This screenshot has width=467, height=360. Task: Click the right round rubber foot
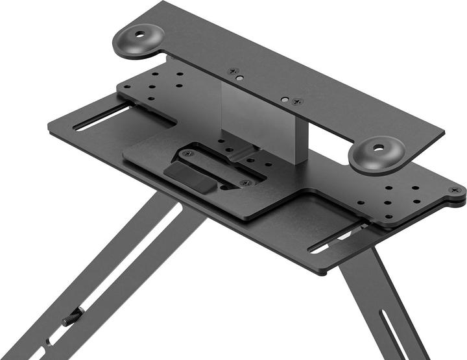point(377,154)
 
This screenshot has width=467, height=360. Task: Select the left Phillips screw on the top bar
point(235,71)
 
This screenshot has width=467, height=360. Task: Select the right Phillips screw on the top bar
point(297,102)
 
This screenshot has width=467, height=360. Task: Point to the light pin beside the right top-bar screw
point(285,99)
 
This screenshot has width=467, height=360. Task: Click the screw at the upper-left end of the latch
point(187,154)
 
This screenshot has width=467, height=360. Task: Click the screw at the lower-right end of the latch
point(244,184)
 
